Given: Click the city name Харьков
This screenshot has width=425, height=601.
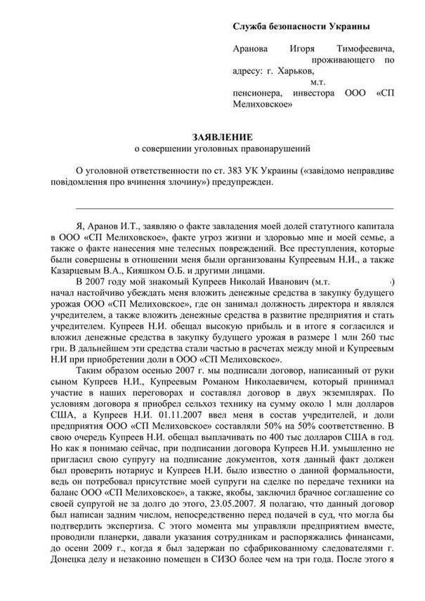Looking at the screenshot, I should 299,71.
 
